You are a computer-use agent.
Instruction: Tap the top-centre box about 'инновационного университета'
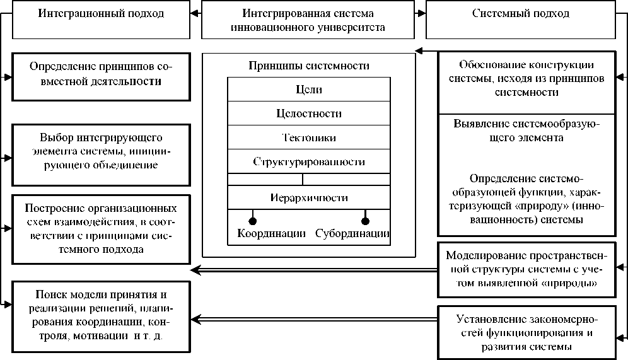[x=308, y=21]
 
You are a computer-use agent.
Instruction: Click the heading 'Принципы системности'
[x=308, y=66]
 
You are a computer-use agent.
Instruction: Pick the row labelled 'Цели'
[x=308, y=90]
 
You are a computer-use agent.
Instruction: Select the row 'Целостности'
[x=308, y=113]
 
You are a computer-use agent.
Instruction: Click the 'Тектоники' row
[x=308, y=137]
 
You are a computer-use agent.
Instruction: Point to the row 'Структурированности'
[x=308, y=161]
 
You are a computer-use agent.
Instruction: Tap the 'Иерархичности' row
[x=308, y=197]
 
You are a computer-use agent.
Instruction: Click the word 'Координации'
[x=272, y=233]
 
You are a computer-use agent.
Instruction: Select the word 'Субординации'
[x=352, y=233]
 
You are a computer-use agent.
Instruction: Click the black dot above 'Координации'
[x=253, y=220]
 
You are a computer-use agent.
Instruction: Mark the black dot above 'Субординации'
[x=364, y=220]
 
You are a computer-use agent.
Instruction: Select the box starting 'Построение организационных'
[x=100, y=228]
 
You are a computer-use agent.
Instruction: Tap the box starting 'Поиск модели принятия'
[x=100, y=315]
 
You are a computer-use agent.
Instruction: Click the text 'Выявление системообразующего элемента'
[x=526, y=131]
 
